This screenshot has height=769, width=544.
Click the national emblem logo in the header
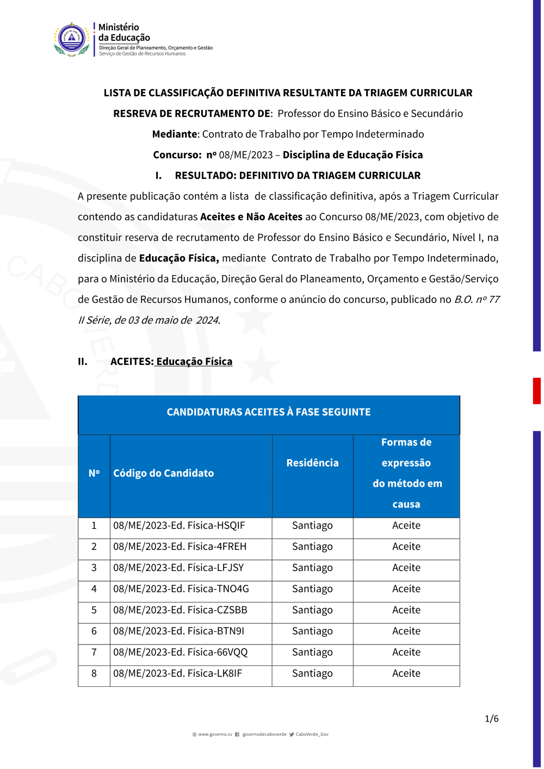72,39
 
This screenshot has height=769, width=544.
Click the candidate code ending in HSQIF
179,526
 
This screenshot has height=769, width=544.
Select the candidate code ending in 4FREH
180,547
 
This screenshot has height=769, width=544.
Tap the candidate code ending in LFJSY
178,568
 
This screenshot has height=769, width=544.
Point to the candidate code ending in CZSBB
180,611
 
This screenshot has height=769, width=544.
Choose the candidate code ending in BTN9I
178,632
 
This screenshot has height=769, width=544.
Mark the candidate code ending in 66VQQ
180,653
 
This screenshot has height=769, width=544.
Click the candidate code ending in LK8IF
177,674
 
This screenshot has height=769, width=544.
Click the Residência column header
312,463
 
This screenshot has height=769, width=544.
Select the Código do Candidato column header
163,474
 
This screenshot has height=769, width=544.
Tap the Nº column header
94,474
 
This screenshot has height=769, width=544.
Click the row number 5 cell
94,611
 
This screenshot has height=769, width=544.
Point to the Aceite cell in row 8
406,674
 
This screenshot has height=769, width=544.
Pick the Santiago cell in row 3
312,568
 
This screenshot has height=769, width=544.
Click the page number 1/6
491,719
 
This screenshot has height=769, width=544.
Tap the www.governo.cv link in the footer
215,735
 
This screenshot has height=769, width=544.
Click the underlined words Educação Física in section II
194,362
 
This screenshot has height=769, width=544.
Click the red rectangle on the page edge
536,391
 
